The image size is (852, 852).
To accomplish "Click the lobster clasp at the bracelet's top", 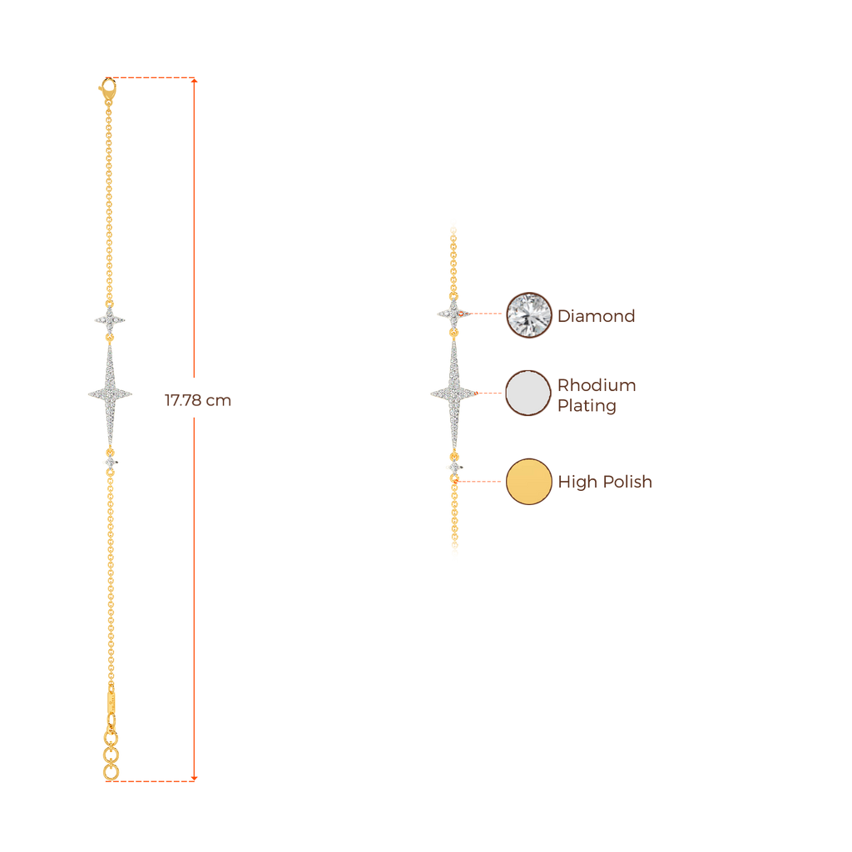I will pos(107,87).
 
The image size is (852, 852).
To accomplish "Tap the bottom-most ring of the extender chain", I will pos(111,774).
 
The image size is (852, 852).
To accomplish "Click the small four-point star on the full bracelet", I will pos(109,319).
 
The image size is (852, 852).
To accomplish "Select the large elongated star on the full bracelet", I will pos(110,393).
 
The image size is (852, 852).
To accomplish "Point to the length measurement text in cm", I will pos(198,400).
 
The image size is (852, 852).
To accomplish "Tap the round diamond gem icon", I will pos(529,315).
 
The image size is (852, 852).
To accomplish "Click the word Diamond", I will pos(596,316).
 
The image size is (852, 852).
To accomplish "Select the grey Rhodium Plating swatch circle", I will pos(528,393).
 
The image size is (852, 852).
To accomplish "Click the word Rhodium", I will pos(596,385).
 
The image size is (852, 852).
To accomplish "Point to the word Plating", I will pos(587,407).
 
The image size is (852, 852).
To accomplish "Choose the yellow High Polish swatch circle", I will pos(529,481).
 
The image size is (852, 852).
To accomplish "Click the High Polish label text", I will pos(604,483).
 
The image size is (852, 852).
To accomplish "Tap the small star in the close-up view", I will pos(453,314).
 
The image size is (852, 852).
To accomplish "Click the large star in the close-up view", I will pos(454,393).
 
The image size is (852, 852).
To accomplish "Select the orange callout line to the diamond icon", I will pos(488,315).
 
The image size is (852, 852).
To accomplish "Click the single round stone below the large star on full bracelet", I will pos(110,461).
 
